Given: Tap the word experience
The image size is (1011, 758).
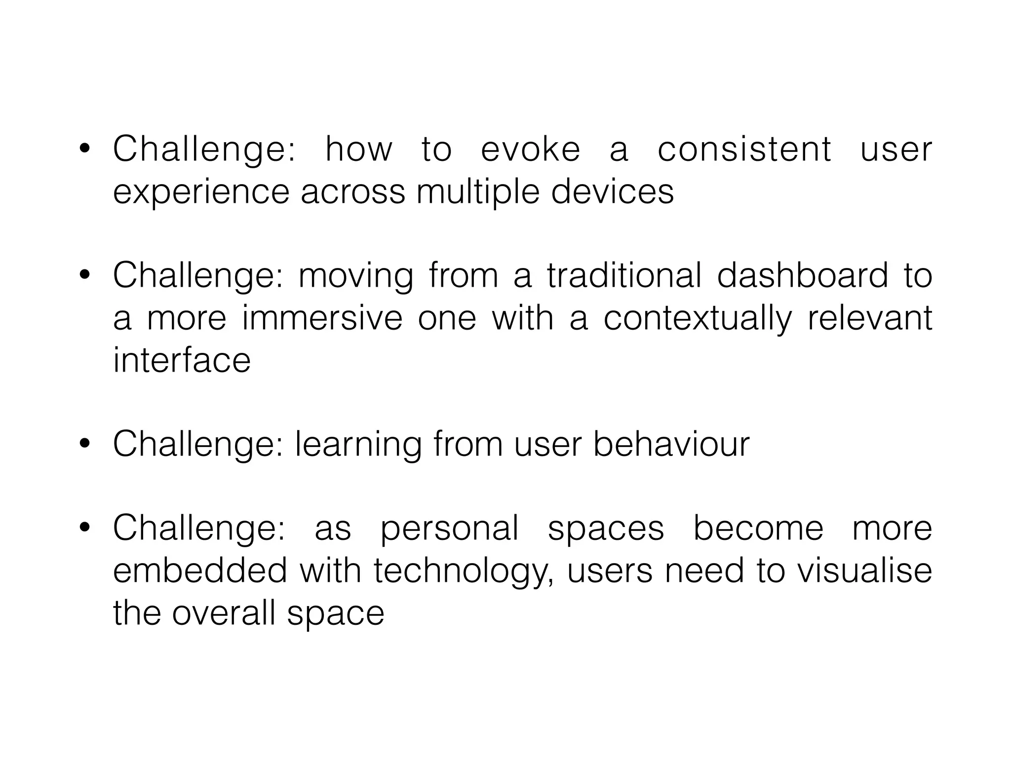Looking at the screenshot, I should click(201, 192).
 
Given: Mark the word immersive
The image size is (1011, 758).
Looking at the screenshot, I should click(322, 318).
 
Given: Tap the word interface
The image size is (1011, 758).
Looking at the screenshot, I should click(182, 360).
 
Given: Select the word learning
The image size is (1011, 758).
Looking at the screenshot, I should click(358, 445).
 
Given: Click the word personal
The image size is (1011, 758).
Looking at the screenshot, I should click(449, 529).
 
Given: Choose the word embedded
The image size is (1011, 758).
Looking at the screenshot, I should click(200, 570).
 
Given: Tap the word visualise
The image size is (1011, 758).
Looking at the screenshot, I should click(864, 570).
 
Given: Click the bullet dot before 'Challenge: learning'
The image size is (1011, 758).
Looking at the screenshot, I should click(84, 444).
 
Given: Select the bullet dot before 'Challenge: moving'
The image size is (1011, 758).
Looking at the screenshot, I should click(84, 275).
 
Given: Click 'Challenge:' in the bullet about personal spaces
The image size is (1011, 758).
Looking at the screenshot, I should click(198, 529).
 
